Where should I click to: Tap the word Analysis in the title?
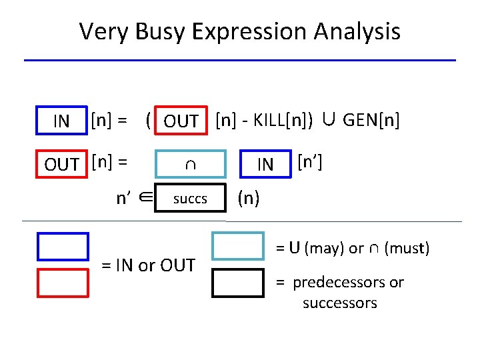tap(360, 31)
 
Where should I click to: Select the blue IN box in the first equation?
tap(62, 121)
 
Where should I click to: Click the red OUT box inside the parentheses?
tap(181, 121)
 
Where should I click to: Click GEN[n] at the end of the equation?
tap(371, 120)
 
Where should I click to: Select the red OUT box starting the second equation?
tap(62, 163)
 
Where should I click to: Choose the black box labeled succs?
tap(190, 198)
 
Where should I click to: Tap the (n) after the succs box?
tap(249, 198)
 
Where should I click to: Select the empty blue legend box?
tap(63, 245)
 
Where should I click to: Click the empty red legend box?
tap(63, 281)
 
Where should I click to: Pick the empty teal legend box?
tap(237, 245)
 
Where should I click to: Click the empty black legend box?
tap(237, 282)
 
